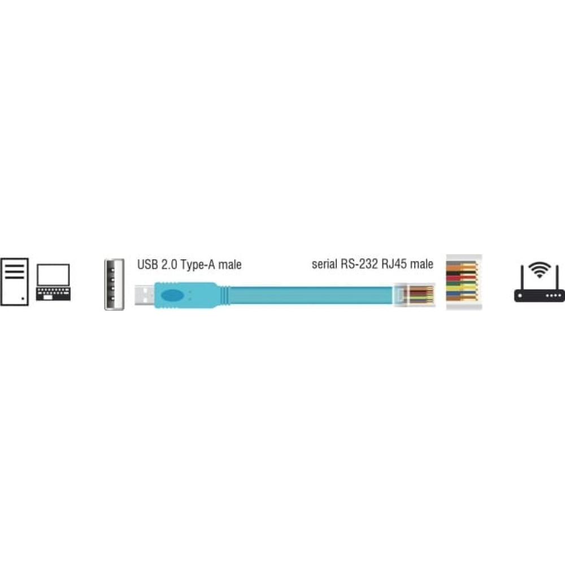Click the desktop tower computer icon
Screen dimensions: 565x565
pyautogui.click(x=15, y=282)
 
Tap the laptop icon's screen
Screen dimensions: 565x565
pyautogui.click(x=53, y=275)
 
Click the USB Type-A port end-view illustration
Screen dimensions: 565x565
pyautogui.click(x=114, y=284)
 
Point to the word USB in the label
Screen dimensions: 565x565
pyautogui.click(x=147, y=264)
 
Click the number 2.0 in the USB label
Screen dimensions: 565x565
pyautogui.click(x=169, y=264)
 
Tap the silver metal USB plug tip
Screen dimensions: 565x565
pyautogui.click(x=145, y=295)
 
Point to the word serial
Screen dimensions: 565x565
pyautogui.click(x=324, y=264)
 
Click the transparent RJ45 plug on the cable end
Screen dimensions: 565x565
pyautogui.click(x=414, y=295)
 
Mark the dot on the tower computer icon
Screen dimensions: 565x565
pyautogui.click(x=23, y=299)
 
